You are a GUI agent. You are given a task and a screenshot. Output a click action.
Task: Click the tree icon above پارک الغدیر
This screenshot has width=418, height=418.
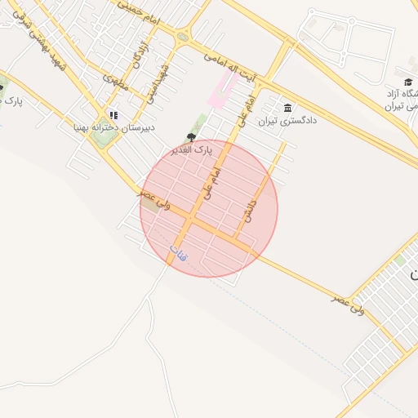tap(192, 137)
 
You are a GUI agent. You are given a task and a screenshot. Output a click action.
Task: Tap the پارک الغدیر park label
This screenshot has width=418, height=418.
tap(191, 151)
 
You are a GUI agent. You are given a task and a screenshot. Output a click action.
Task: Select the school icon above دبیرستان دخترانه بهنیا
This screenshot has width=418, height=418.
tap(113, 115)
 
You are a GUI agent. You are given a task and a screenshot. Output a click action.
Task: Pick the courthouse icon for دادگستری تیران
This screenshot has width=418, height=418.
tap(287, 109)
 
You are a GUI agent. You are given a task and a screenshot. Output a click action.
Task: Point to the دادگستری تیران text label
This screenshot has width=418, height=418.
tap(287, 121)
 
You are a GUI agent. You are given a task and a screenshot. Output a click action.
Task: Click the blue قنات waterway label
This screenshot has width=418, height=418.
tap(177, 253)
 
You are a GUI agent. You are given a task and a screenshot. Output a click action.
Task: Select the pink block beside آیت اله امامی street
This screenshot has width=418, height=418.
tap(221, 88)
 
